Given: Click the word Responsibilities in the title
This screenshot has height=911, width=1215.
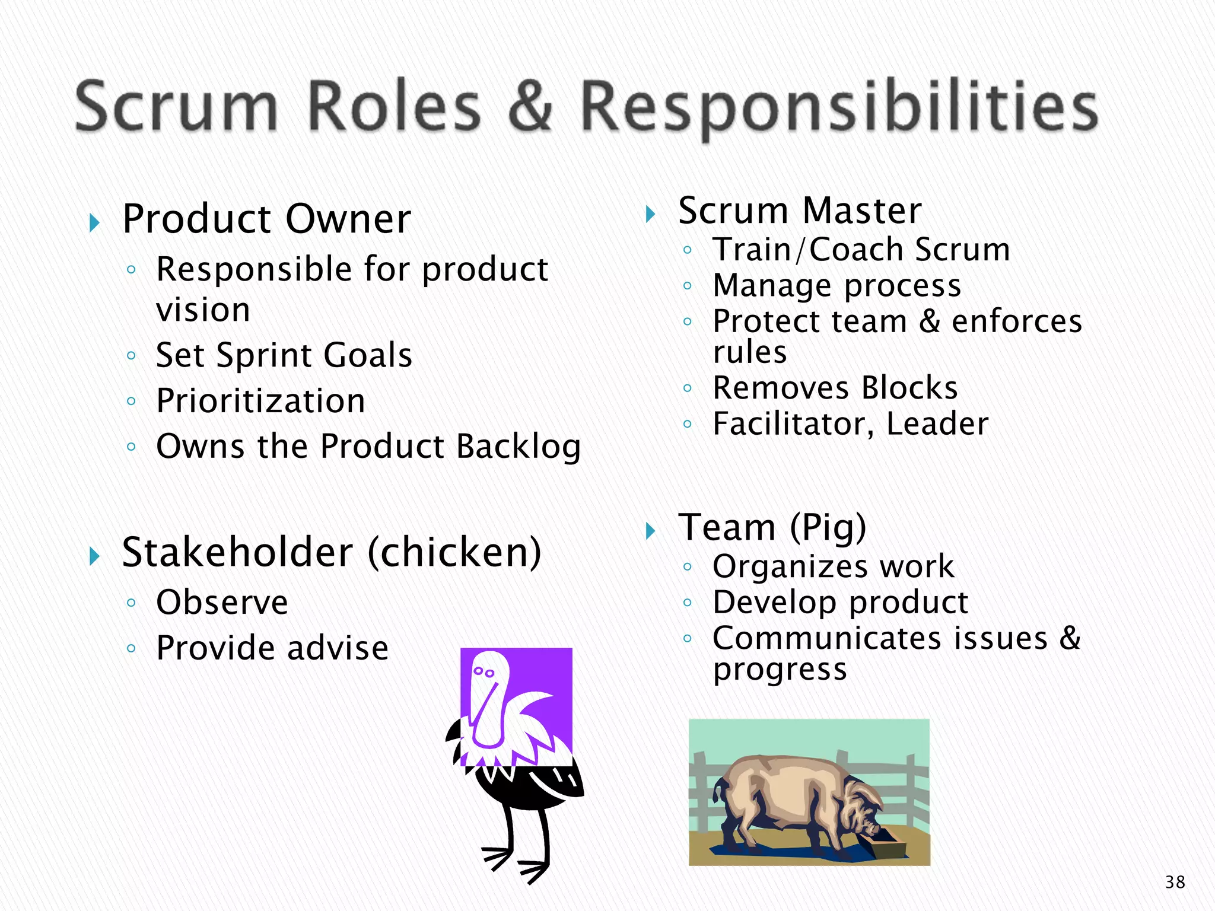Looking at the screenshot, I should (x=838, y=108).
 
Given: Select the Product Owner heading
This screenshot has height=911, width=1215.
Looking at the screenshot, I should (x=266, y=219).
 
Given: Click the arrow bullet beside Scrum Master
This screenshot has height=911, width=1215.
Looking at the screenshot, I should (x=650, y=214).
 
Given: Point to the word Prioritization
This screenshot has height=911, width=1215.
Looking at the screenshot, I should (x=260, y=401).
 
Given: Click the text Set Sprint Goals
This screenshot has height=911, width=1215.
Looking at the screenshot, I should (x=284, y=355).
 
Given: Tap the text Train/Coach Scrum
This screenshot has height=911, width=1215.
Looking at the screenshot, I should (x=861, y=249).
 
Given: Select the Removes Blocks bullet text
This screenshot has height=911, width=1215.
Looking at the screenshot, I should (x=835, y=388).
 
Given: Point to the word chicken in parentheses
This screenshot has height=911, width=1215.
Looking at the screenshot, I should (x=454, y=552).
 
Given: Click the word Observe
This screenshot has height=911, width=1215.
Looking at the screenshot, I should (x=222, y=603).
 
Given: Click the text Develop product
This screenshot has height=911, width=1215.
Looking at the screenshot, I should (x=840, y=603).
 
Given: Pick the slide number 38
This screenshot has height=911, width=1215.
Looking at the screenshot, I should (x=1175, y=882).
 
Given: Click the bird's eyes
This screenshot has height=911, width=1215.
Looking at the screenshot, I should (x=483, y=672).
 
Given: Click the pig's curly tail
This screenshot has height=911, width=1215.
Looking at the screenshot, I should (x=720, y=789).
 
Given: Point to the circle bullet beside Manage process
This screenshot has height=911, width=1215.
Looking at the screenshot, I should (x=687, y=286).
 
